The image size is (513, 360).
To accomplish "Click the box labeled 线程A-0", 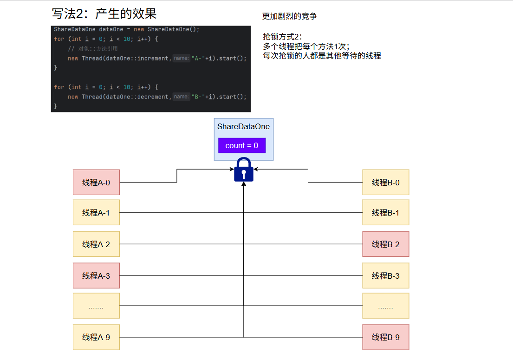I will (96, 183).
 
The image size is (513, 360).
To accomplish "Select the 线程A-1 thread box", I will (96, 212).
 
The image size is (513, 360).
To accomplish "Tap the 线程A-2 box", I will (96, 244).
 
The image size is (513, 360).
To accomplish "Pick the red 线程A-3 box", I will (96, 275).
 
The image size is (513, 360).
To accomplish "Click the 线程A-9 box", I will (96, 337).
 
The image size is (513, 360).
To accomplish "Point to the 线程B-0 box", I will (385, 183).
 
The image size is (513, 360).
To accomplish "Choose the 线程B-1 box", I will (385, 212).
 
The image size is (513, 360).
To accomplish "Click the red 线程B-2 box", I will (385, 244).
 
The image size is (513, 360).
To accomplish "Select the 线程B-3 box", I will (385, 275).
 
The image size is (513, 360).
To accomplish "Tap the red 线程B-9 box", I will (385, 337).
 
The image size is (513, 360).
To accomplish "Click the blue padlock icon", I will (244, 170).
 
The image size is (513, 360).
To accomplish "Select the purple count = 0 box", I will (242, 145).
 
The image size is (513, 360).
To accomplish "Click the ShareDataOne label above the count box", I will (243, 126).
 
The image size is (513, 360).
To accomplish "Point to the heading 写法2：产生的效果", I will (104, 14).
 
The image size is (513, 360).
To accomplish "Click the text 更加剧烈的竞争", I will (290, 16).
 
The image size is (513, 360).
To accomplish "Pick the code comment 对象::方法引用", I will (97, 48).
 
